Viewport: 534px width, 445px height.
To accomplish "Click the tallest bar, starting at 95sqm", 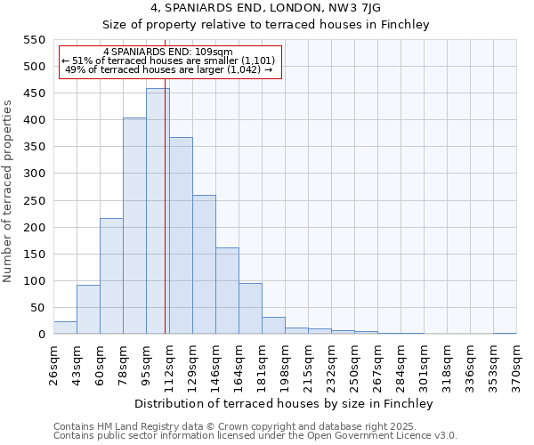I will (158, 212).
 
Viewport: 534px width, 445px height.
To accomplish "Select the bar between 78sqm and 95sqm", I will (134, 226).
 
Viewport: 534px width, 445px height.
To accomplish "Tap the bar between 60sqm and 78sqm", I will (111, 276).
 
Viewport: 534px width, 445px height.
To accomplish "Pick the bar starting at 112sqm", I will (181, 236).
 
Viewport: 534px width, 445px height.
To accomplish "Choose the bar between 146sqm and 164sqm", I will (227, 290).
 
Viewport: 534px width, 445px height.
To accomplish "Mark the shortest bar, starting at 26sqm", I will (65, 328).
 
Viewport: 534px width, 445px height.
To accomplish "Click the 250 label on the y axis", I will (34, 200).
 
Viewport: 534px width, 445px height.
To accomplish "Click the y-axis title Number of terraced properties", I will (9, 190).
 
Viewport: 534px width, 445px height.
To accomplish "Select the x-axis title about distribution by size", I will (285, 404).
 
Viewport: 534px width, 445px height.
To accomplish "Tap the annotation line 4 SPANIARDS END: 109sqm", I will (168, 52).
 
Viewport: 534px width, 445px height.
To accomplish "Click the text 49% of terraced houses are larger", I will (168, 69).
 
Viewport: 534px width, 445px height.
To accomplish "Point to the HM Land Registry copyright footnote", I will (255, 426).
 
